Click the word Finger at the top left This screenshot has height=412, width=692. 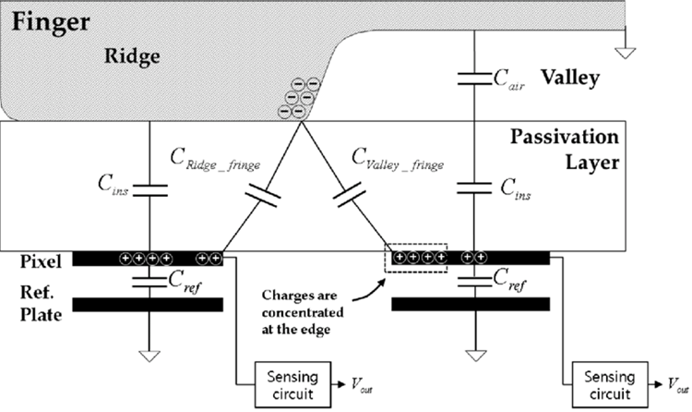(46, 19)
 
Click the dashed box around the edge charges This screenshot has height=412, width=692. (415, 259)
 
